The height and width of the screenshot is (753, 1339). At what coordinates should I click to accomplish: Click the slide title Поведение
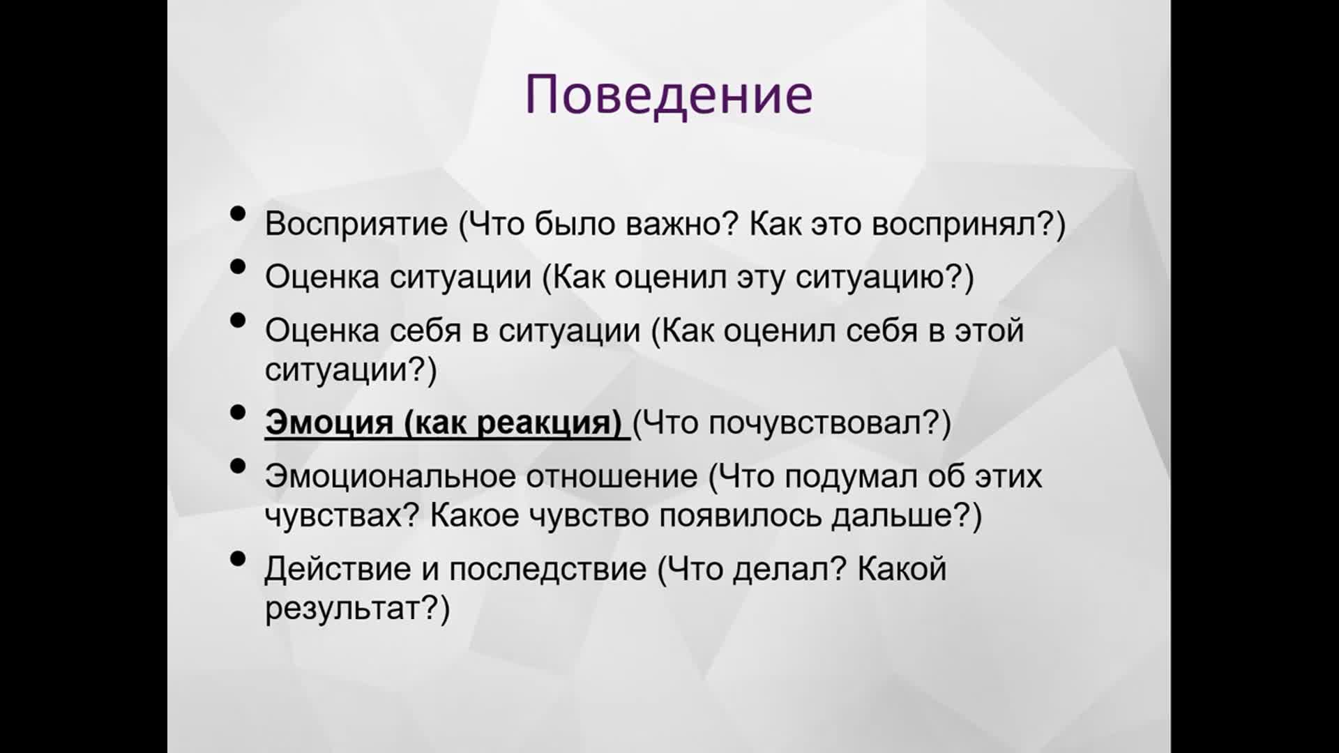click(x=669, y=95)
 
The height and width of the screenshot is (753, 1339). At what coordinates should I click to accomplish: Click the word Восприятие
click(x=356, y=224)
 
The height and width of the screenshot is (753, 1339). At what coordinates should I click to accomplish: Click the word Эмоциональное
click(x=390, y=476)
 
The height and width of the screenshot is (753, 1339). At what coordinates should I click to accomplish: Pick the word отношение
click(x=612, y=477)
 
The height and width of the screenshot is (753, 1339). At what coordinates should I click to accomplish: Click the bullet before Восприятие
click(x=238, y=213)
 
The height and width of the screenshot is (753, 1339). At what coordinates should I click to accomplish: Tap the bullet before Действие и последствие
click(x=238, y=558)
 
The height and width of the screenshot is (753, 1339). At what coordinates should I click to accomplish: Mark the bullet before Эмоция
click(x=238, y=412)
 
